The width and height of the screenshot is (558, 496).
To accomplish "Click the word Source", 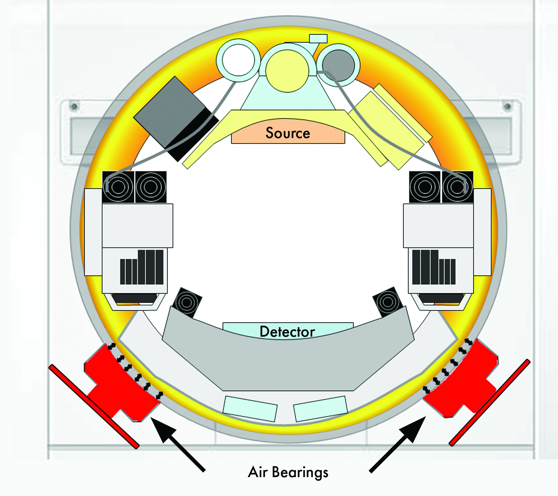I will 288,133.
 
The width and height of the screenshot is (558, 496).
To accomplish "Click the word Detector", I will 287,331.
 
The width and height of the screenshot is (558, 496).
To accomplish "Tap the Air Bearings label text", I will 288,472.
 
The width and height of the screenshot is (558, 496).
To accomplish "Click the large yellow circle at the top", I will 287,71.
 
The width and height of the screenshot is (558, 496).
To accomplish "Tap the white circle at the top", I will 238,60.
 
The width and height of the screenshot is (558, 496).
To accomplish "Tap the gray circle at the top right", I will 338,65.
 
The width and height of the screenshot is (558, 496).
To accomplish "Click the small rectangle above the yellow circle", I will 318,39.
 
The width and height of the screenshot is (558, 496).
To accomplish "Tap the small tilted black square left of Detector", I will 187,303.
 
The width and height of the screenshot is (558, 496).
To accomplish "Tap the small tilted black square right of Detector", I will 388,302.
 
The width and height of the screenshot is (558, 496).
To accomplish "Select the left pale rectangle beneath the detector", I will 250,409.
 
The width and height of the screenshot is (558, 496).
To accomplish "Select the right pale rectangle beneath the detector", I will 320,409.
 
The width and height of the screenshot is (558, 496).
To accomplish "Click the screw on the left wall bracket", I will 74,107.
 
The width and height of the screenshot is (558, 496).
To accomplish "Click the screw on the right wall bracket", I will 507,106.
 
